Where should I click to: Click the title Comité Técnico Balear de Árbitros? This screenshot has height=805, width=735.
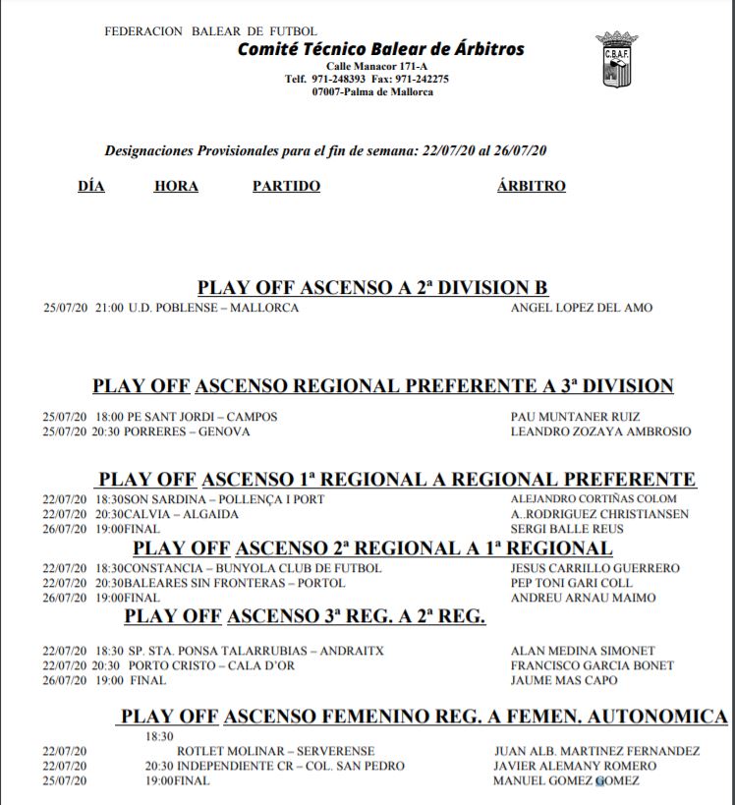[x=380, y=49]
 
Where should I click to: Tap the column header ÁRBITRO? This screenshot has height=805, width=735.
[x=532, y=186]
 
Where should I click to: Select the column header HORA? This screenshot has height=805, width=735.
[x=176, y=186]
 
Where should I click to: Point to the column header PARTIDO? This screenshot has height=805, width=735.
[x=286, y=186]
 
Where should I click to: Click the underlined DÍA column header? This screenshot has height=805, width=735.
[x=91, y=186]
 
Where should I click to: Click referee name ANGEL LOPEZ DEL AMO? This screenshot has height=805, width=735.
[x=582, y=308]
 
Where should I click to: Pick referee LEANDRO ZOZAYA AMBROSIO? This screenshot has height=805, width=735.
[x=600, y=431]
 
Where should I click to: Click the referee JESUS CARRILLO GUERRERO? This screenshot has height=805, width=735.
[x=594, y=568]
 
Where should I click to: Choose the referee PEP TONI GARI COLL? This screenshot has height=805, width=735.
[x=572, y=583]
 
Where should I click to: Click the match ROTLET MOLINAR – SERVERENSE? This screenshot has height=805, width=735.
[x=254, y=752]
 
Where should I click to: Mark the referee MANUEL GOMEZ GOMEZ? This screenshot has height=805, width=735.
[x=566, y=780]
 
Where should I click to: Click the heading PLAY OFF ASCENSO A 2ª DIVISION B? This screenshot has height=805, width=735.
[x=372, y=287]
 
